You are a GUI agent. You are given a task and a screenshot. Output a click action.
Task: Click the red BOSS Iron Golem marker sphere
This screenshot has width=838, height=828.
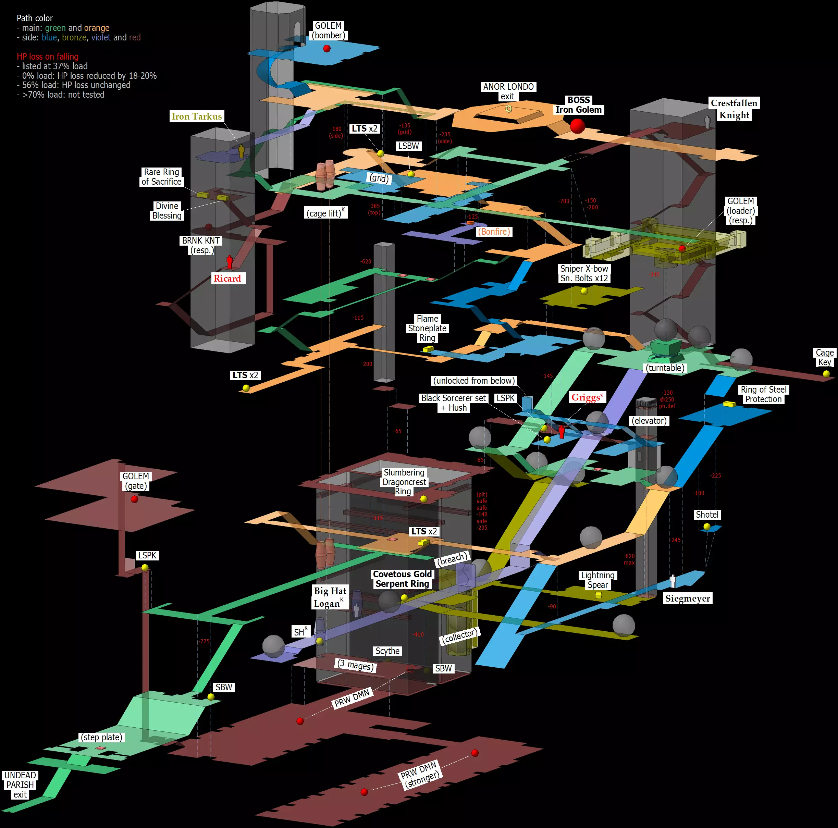[577, 126]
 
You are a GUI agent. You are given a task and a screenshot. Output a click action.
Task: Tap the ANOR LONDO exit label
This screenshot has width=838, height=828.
[508, 91]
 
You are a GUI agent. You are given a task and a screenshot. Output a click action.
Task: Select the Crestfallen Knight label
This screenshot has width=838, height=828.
[734, 109]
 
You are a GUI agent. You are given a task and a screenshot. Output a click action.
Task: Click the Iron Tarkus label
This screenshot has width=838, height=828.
[197, 116]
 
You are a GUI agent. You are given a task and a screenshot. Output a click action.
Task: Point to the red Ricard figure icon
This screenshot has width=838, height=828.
[230, 261]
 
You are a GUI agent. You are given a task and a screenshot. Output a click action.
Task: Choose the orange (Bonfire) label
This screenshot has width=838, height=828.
[494, 232]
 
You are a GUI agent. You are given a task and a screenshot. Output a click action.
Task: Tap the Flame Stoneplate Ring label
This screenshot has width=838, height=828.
[427, 328]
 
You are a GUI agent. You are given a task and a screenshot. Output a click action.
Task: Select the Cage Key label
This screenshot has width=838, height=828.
[824, 357]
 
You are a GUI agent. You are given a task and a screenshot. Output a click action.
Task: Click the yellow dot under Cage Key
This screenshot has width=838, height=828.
[826, 373]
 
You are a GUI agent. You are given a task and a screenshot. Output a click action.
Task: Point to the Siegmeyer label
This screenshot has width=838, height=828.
[688, 598]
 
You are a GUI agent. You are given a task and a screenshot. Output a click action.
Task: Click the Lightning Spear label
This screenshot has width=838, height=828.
[598, 580]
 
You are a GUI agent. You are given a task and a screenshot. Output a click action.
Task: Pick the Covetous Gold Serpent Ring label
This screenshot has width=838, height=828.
[402, 579]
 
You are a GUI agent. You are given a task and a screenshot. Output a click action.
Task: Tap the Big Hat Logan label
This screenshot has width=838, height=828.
[330, 597]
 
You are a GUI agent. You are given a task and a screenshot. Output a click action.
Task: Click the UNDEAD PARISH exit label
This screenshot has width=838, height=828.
[20, 784]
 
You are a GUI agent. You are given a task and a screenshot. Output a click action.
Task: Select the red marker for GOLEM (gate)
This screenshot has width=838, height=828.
[134, 499]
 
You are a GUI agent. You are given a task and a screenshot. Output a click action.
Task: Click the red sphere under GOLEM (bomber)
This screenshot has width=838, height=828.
[327, 49]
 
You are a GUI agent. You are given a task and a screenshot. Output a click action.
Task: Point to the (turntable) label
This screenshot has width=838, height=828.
[665, 368]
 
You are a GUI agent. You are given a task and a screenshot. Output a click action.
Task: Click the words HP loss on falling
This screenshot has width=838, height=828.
[48, 57]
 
